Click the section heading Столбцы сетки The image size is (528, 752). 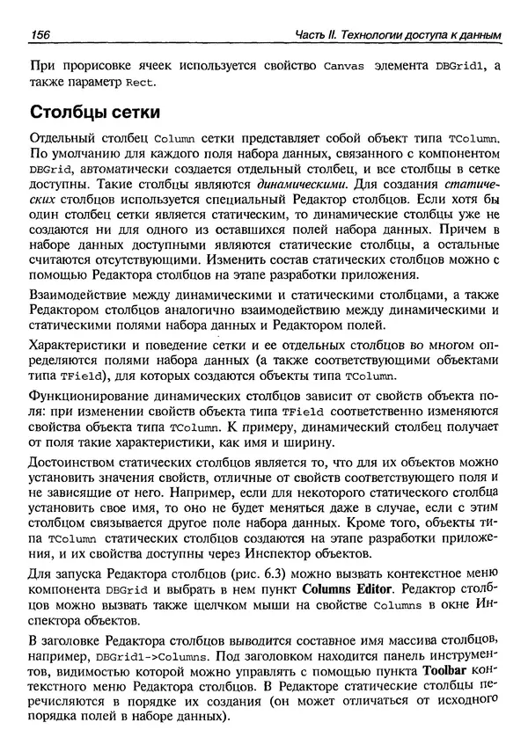(x=95, y=113)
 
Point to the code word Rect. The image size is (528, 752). (x=141, y=83)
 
